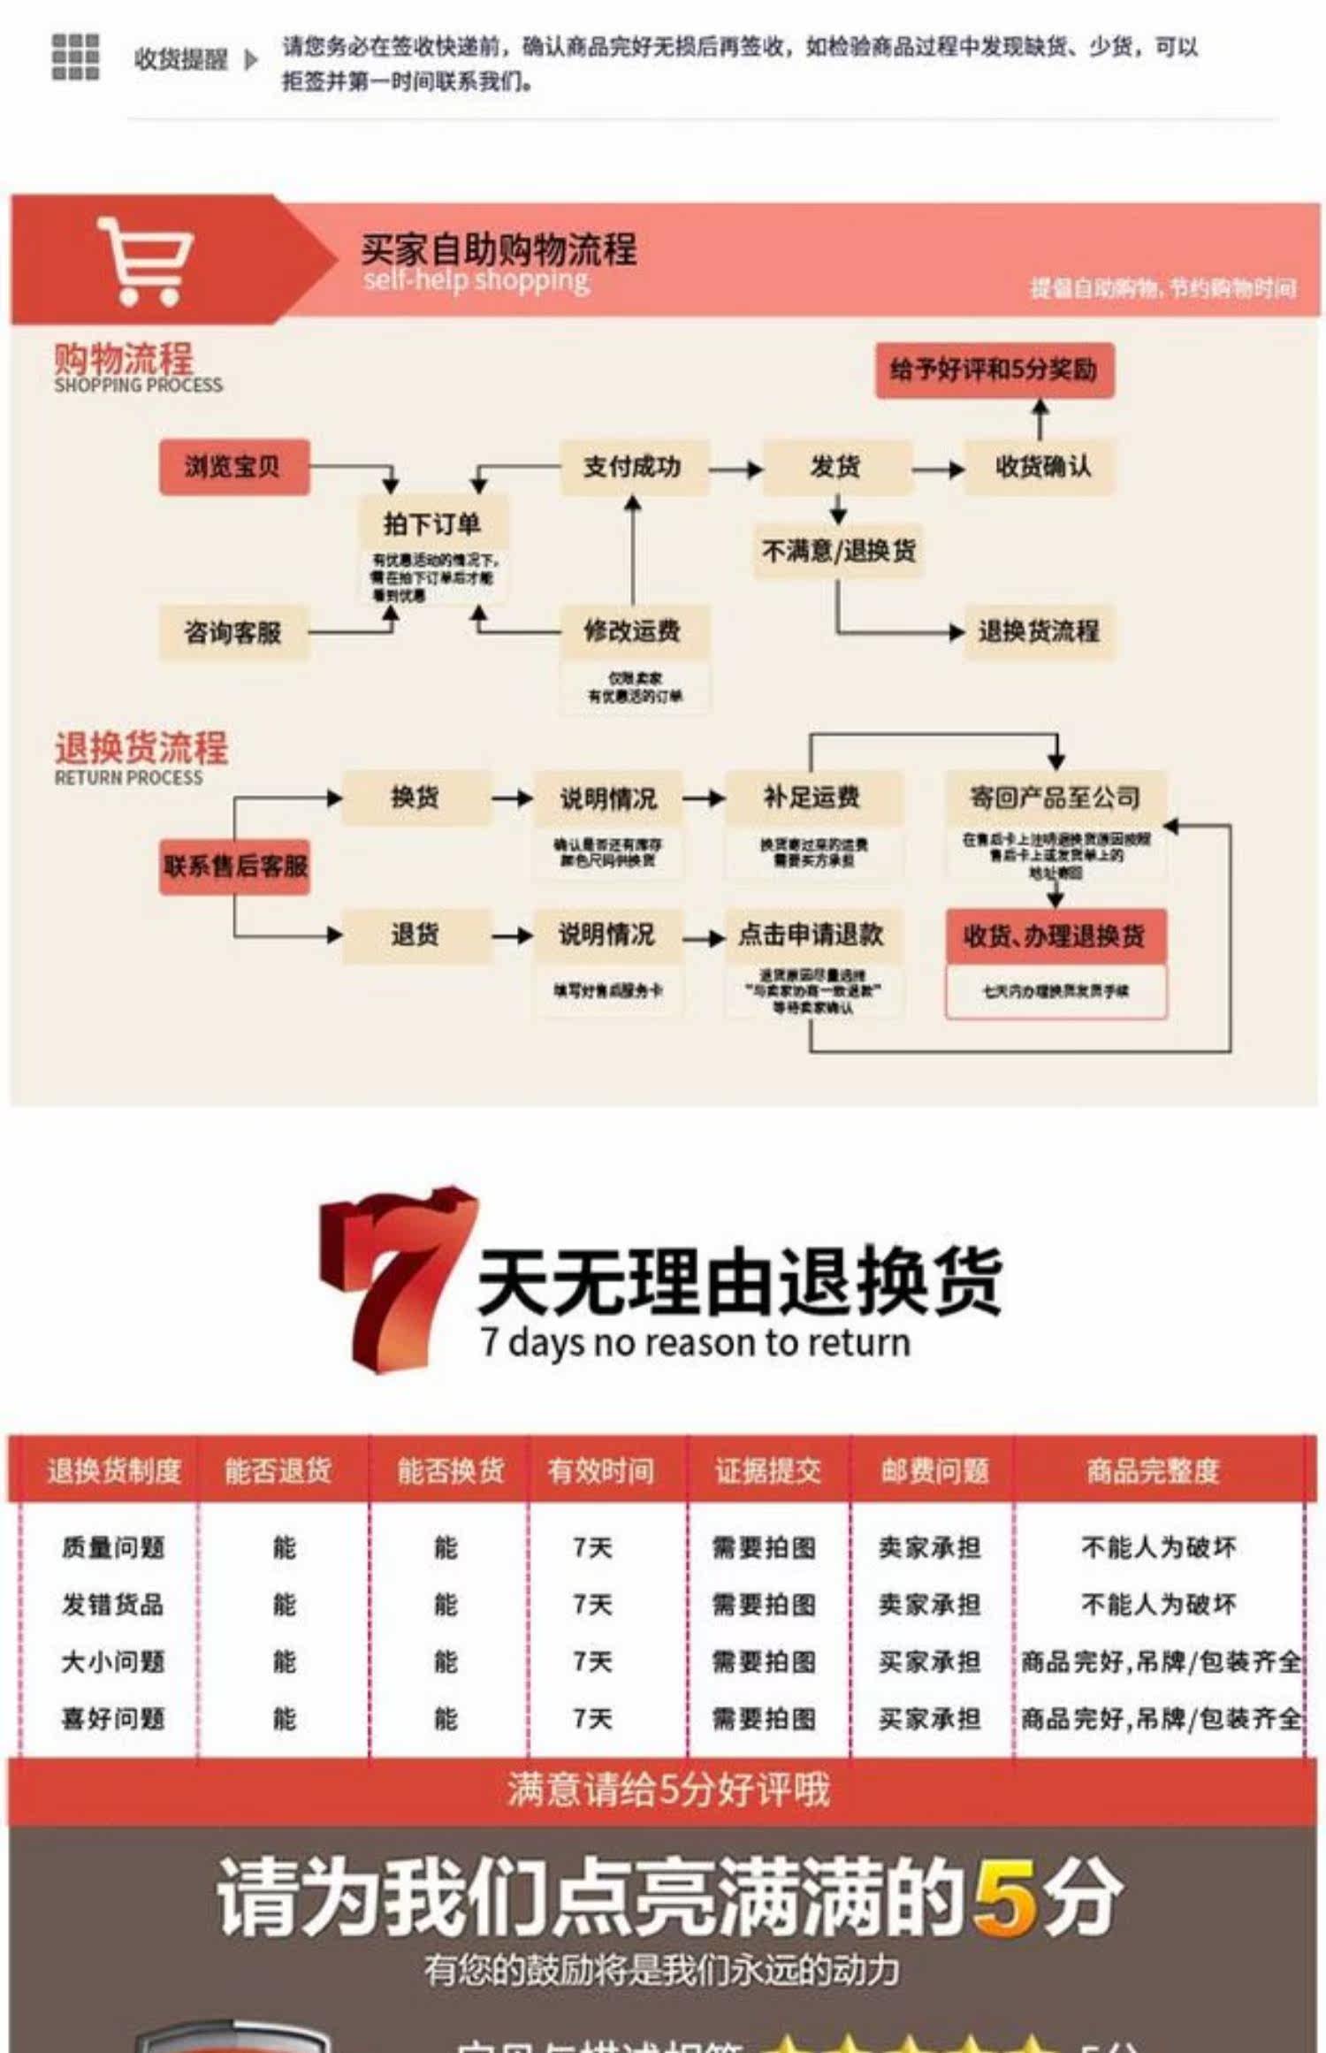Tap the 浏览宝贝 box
point(233,467)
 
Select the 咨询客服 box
point(233,632)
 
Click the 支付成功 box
point(633,467)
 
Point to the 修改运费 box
point(633,631)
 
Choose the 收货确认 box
point(1041,467)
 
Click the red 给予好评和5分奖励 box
point(994,370)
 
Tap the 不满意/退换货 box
point(838,551)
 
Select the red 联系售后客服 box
point(235,866)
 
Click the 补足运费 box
point(812,798)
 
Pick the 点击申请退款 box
point(812,935)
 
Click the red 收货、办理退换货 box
point(1055,936)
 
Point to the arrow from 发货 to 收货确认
point(938,469)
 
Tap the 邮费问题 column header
point(934,1470)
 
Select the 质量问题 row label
point(113,1547)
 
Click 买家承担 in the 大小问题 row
point(930,1661)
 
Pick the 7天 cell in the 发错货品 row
point(592,1605)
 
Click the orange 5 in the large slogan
point(1005,1896)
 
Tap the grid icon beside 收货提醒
point(75,57)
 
